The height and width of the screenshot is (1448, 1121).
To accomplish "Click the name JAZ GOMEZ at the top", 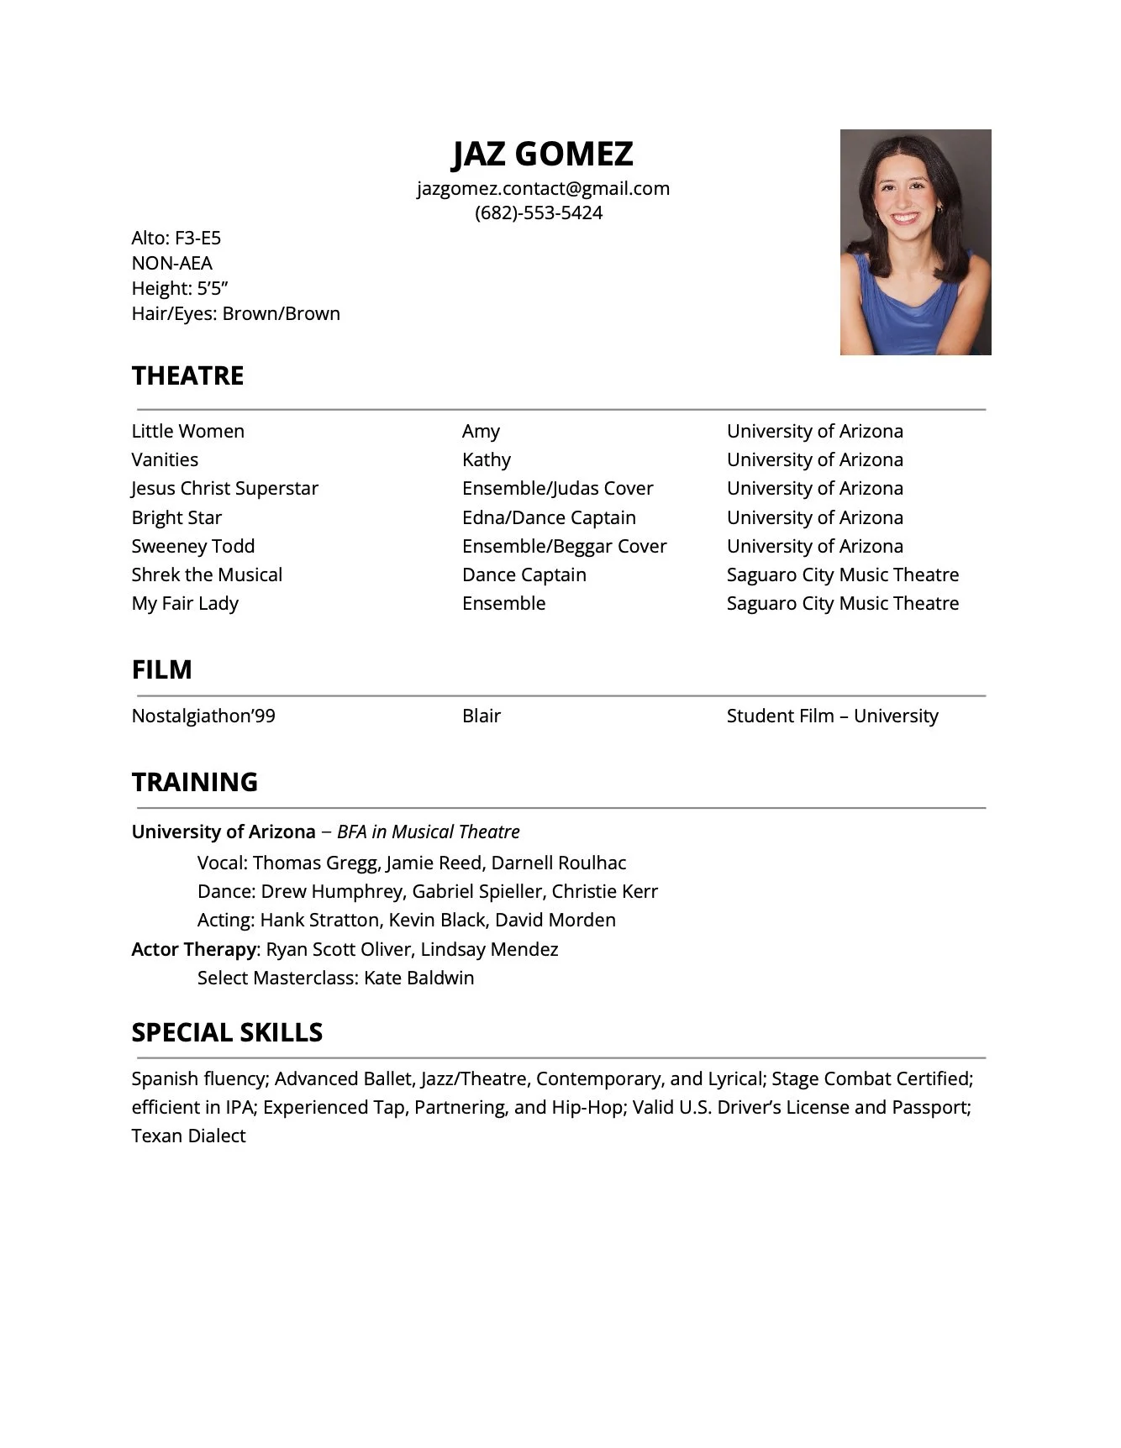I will click(x=542, y=154).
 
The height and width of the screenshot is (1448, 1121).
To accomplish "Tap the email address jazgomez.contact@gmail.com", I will click(x=543, y=188).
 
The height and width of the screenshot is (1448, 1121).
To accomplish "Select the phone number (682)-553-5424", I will click(x=539, y=212).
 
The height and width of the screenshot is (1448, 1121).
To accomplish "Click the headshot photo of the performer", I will click(x=915, y=242).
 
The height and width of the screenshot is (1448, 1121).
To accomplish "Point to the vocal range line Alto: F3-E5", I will click(x=176, y=238).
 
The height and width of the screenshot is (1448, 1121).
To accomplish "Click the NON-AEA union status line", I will click(x=171, y=263).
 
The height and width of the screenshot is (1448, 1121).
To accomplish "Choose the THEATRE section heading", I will click(x=187, y=375).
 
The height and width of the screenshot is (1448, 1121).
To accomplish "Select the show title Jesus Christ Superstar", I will click(x=224, y=488).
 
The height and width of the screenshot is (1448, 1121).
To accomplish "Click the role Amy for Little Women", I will click(x=481, y=431).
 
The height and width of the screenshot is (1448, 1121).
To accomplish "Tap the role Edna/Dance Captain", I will click(x=549, y=517).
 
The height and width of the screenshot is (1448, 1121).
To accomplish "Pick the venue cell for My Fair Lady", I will click(x=842, y=603).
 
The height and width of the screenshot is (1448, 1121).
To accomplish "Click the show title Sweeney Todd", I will click(x=192, y=546).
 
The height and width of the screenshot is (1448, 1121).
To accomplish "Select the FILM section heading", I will click(x=161, y=669).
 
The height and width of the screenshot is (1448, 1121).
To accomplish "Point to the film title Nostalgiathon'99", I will click(x=203, y=716).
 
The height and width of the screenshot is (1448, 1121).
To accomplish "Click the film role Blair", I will click(x=482, y=716).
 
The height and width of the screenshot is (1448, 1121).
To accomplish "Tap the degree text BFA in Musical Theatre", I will click(x=428, y=832).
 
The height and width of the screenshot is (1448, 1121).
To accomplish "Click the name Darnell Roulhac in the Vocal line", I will click(x=559, y=863).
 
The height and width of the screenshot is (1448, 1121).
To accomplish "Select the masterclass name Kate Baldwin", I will click(x=418, y=978).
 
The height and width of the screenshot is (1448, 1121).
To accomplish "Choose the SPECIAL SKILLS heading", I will click(x=227, y=1032).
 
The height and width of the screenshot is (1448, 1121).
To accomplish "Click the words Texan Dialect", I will click(x=188, y=1136).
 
